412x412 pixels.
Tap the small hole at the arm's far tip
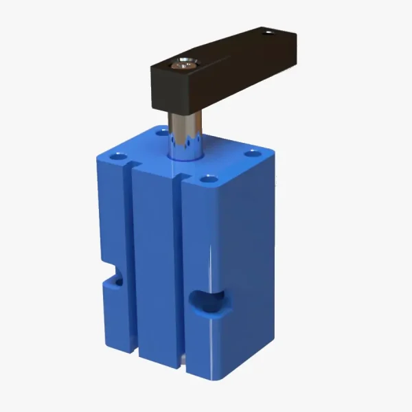click(x=269, y=32)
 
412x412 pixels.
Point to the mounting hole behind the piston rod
click(x=163, y=130)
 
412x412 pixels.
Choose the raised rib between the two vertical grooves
click(x=155, y=268)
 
